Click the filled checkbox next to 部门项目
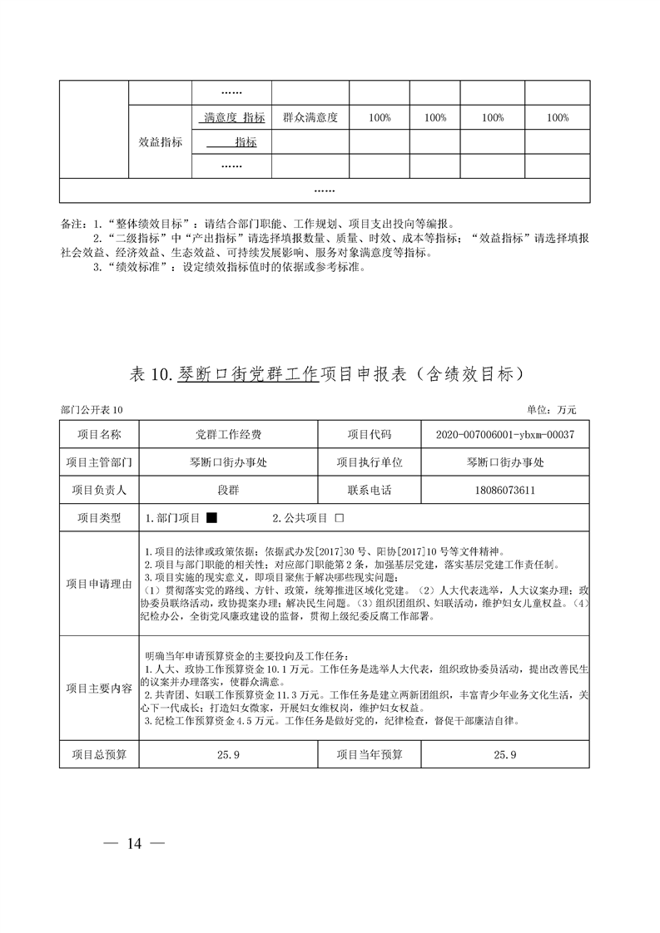(x=211, y=518)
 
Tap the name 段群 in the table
(x=228, y=490)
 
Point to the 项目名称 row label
(x=99, y=435)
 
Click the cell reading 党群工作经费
(x=228, y=435)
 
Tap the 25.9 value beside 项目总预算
(x=228, y=755)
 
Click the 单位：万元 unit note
(x=551, y=410)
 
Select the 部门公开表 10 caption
(x=92, y=410)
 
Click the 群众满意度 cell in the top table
(x=310, y=118)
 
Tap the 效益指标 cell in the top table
(x=160, y=142)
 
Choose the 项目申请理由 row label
(x=99, y=583)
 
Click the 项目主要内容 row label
(x=99, y=688)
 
